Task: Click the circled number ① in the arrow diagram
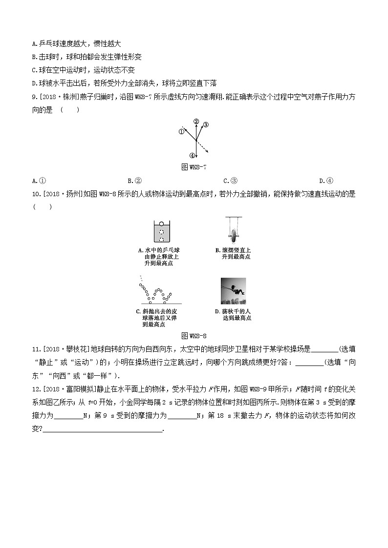[181, 131]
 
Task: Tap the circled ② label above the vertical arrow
[196, 121]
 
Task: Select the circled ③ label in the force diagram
[206, 124]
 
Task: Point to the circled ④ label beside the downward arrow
[193, 156]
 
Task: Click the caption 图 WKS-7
[194, 167]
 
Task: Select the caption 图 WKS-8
[194, 336]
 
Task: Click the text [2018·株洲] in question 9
[57, 97]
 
